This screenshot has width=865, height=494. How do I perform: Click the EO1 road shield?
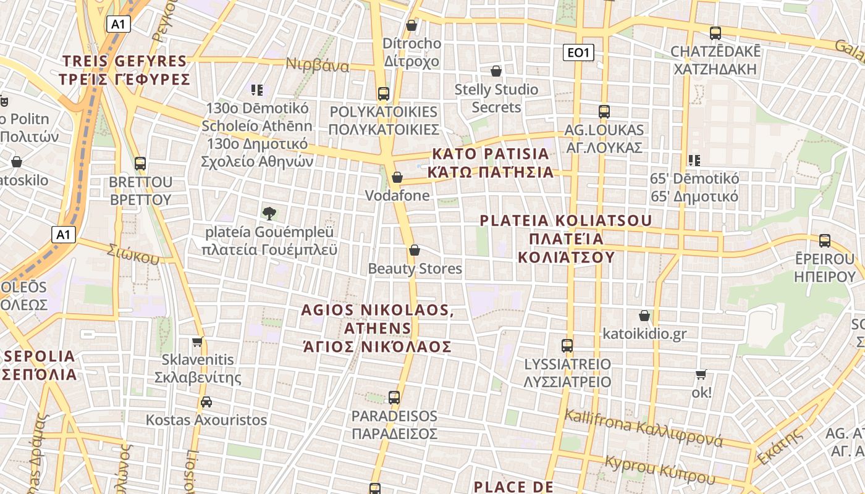tap(578, 53)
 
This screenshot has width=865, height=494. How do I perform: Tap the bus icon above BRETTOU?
tap(140, 164)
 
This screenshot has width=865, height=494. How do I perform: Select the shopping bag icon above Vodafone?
tap(397, 178)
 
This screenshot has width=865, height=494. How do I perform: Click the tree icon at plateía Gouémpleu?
tap(269, 214)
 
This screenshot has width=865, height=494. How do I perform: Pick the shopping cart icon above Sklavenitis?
tap(197, 341)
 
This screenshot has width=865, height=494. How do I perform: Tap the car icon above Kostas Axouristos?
tap(206, 402)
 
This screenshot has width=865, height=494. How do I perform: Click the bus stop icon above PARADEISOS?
tap(394, 398)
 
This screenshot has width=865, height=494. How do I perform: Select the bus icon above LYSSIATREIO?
tap(567, 345)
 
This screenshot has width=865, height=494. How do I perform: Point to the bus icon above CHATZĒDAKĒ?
tap(715, 33)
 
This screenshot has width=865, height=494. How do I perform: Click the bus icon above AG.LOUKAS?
tap(604, 112)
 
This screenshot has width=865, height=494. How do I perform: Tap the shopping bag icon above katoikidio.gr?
tap(644, 316)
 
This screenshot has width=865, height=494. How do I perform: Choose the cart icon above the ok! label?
tap(701, 374)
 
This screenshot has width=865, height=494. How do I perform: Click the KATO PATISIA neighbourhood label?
tap(492, 162)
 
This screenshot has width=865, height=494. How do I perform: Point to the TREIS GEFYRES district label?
tap(124, 70)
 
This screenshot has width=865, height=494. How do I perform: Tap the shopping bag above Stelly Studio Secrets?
tap(496, 72)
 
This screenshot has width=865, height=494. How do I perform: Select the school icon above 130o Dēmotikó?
tap(257, 90)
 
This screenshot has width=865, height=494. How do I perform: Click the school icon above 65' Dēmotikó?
tap(694, 161)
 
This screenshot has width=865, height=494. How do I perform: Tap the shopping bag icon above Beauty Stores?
tap(415, 250)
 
